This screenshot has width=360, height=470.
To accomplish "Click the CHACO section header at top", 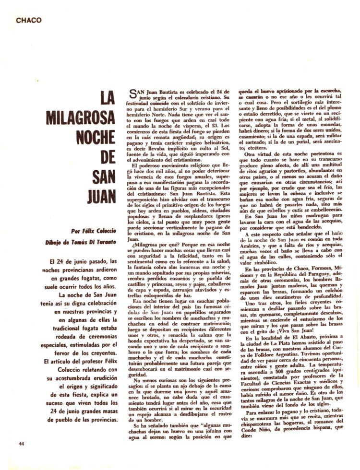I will (x=28, y=20).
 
